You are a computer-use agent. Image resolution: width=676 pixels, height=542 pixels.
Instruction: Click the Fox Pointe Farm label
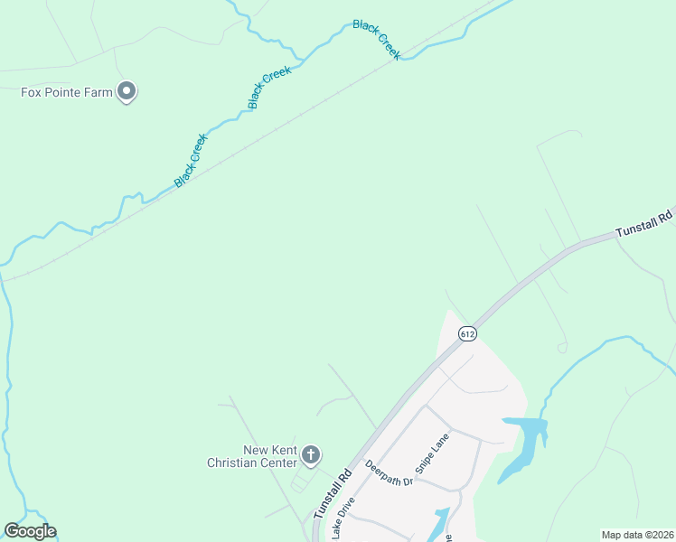pyautogui.click(x=67, y=92)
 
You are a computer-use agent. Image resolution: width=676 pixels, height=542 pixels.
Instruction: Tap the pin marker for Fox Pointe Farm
pyautogui.click(x=127, y=91)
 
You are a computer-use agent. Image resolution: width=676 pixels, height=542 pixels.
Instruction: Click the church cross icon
pyautogui.click(x=311, y=454)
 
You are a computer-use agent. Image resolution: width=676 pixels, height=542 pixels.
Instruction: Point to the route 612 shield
pyautogui.click(x=466, y=333)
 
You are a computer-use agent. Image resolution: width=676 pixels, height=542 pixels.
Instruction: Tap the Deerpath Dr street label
pyautogui.click(x=390, y=473)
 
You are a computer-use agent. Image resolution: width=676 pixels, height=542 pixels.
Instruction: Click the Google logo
pyautogui.click(x=30, y=531)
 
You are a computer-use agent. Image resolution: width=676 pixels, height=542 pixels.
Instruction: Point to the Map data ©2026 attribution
pyautogui.click(x=637, y=535)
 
